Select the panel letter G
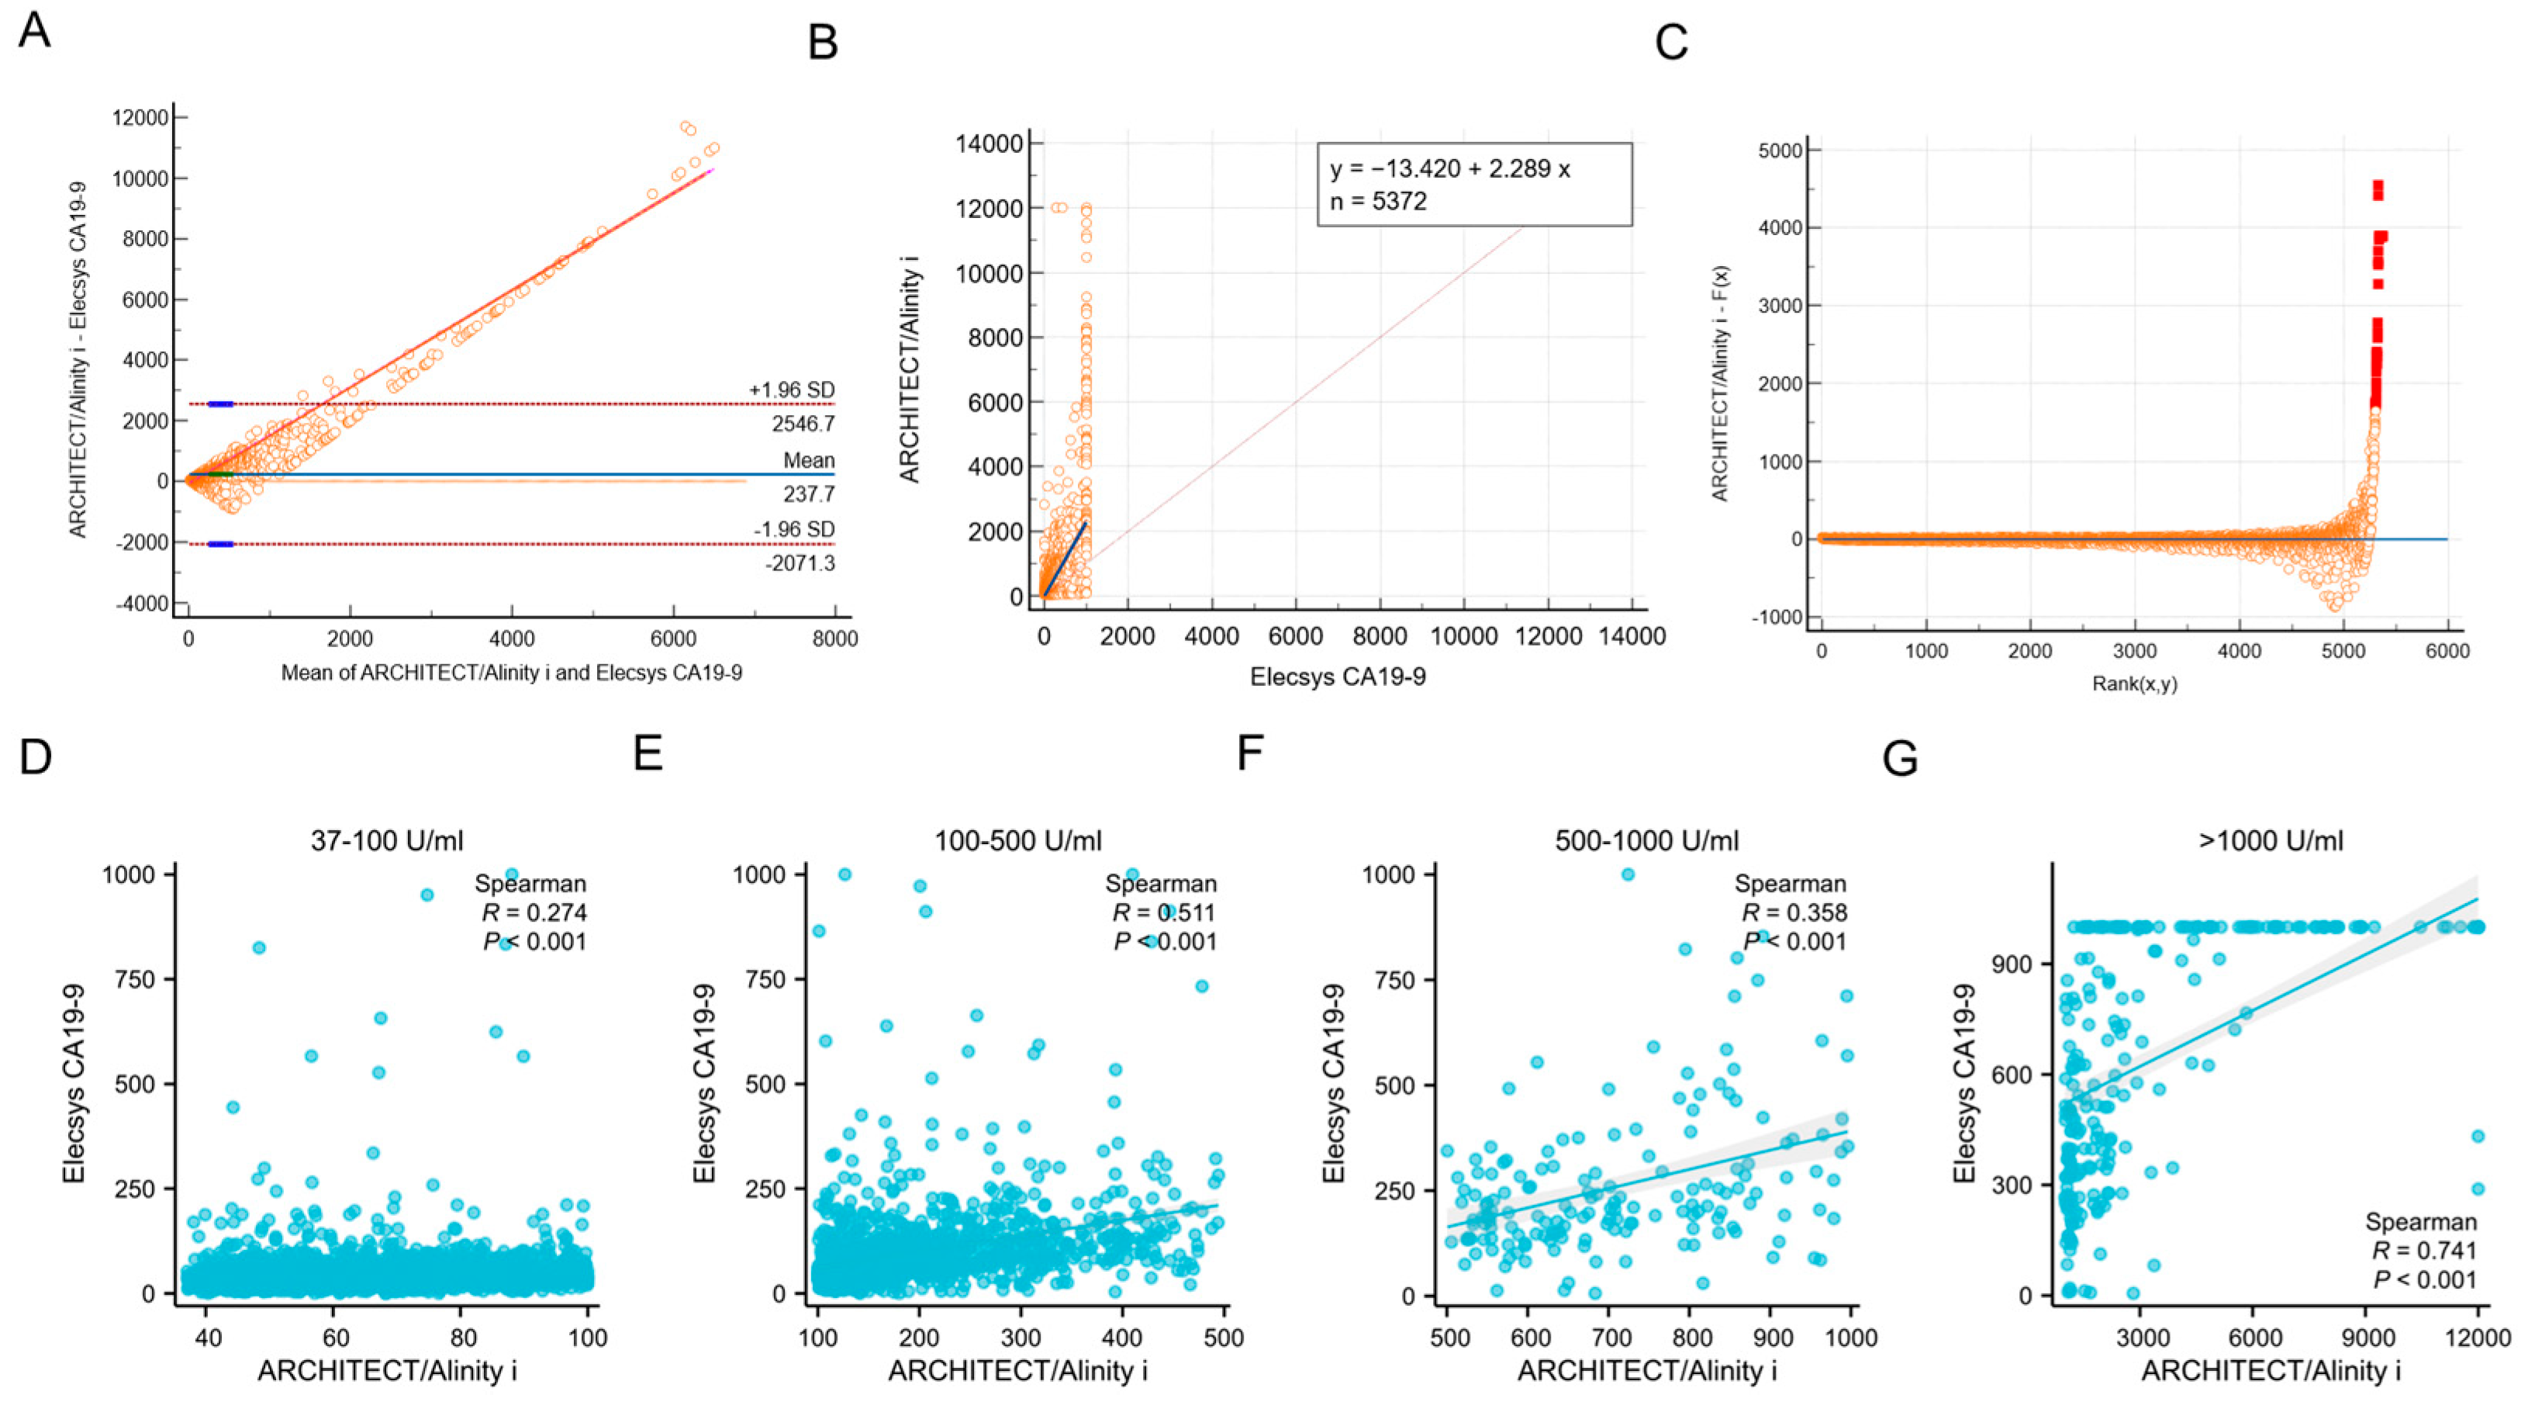point(1901,759)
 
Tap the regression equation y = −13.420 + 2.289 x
point(1449,169)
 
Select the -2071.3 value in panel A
point(802,563)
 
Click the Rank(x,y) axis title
point(2135,684)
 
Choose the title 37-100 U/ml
point(387,840)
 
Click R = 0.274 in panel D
point(534,913)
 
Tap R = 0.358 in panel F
point(1794,913)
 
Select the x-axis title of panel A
point(511,673)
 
